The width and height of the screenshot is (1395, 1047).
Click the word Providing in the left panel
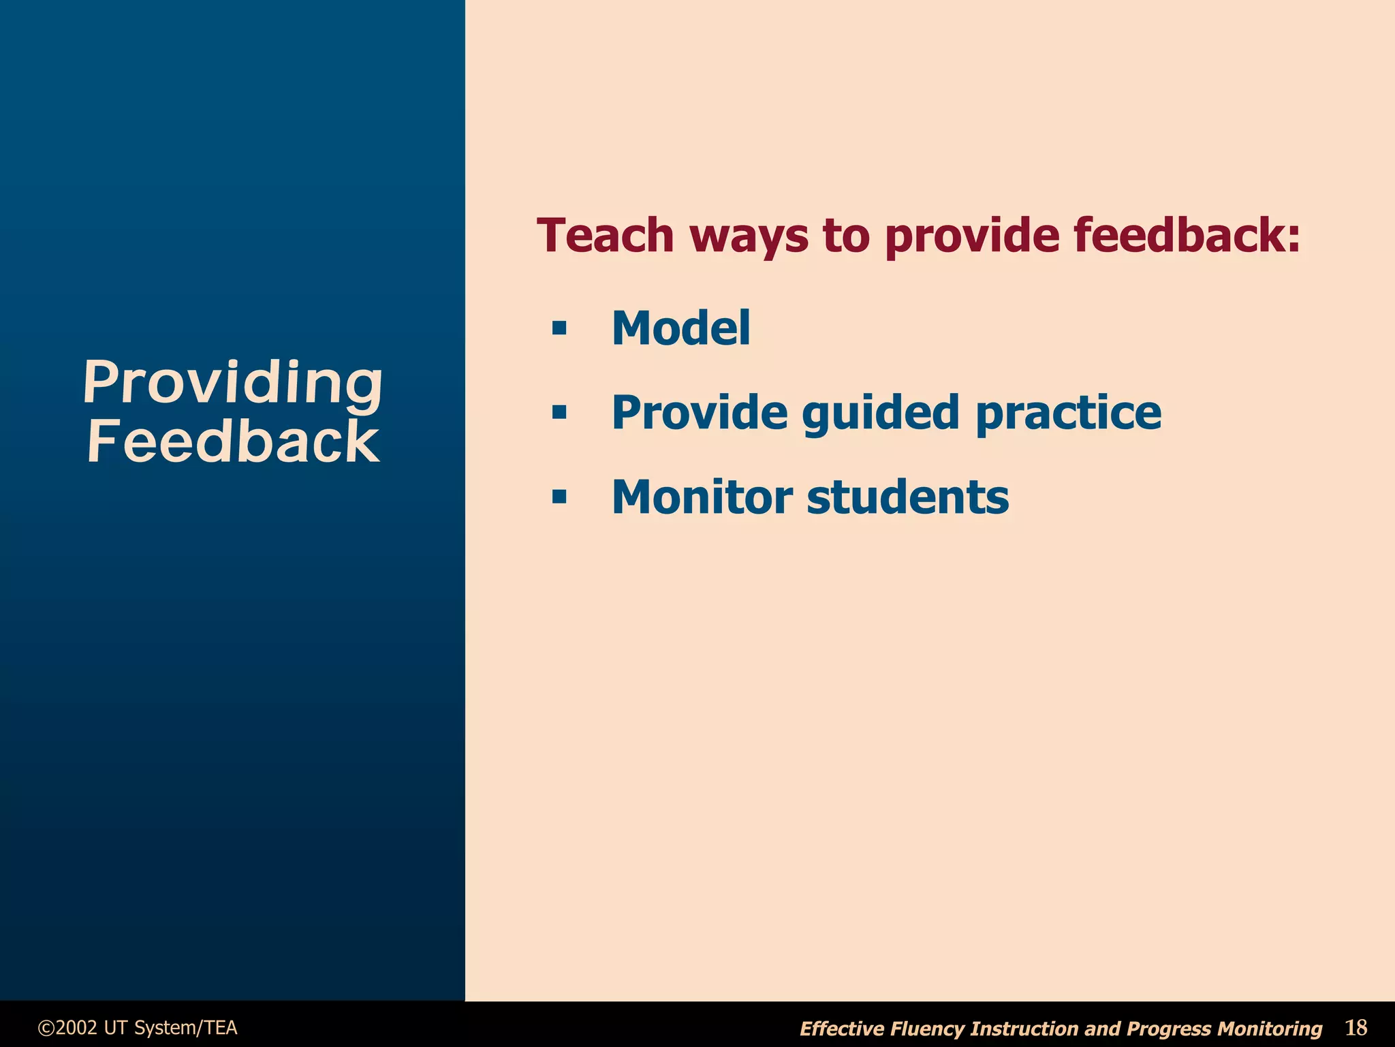[x=232, y=383]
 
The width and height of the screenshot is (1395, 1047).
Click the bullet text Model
[x=680, y=328]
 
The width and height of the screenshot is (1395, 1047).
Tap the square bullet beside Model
[x=559, y=329]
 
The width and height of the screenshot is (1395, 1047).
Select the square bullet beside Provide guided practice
[x=559, y=413]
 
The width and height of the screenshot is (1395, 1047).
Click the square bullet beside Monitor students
[x=559, y=497]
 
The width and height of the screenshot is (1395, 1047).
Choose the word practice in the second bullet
[x=1068, y=414]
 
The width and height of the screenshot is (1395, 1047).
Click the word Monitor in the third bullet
[x=702, y=497]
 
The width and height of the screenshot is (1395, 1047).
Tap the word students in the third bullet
[x=907, y=497]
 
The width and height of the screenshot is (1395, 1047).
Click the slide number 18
[x=1355, y=1027]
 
